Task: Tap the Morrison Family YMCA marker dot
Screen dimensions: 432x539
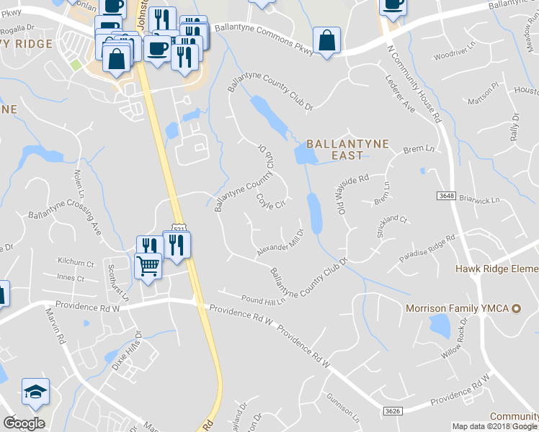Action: point(515,308)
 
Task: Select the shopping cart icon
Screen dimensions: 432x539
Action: point(148,266)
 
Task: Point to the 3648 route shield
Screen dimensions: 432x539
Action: point(446,196)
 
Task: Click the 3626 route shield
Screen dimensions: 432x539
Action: point(392,410)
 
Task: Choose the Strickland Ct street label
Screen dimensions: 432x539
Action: point(392,228)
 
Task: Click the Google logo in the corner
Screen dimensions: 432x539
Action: point(24,423)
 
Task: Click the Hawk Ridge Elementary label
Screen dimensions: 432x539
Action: point(497,269)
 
